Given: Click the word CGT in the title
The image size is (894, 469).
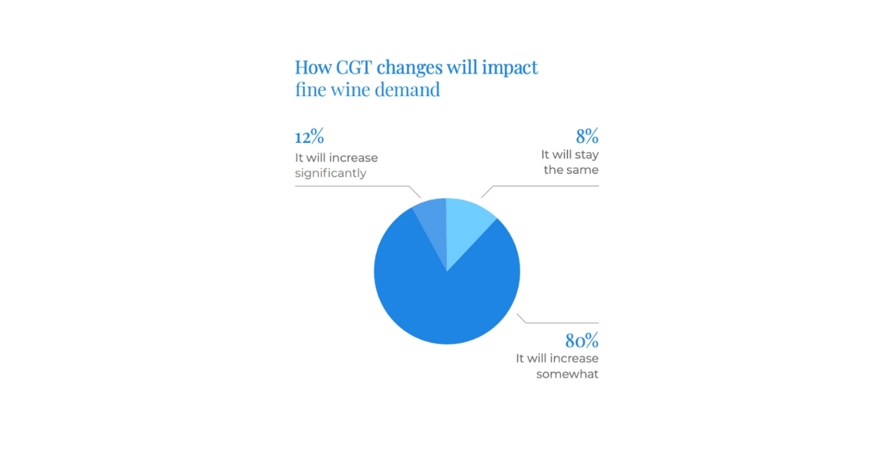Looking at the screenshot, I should tap(348, 67).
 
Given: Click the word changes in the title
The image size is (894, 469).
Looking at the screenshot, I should tap(410, 67).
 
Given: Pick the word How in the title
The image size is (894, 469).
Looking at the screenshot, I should tap(311, 67).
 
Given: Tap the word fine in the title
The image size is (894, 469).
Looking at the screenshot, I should tap(310, 90).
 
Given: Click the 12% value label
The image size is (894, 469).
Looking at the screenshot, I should tap(309, 137).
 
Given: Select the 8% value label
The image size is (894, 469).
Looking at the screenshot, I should tap(586, 137).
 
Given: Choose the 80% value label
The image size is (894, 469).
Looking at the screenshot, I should tap(581, 341).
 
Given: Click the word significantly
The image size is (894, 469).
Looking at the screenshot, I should tap(331, 173).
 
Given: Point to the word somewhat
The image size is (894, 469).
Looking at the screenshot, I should tap(567, 374).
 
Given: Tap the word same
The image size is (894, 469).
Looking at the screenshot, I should tap(583, 170).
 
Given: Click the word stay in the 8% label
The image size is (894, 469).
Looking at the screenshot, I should tap(584, 155).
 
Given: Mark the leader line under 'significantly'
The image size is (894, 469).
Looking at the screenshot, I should tap(350, 186).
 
